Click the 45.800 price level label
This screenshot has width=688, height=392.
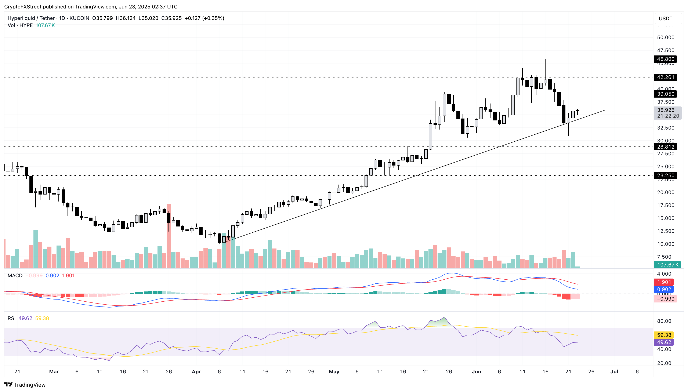coord(665,59)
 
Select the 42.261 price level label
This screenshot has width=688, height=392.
coord(665,77)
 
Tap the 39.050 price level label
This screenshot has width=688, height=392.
coord(665,94)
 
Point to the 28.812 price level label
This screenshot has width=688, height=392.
coord(665,147)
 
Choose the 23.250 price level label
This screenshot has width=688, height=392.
coord(665,175)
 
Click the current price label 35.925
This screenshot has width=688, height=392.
coord(665,110)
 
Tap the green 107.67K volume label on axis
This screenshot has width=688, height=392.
coord(667,265)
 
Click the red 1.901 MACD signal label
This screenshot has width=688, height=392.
coord(664,282)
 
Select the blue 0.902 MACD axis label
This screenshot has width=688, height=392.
coord(664,289)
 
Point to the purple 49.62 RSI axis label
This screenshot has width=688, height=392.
coord(664,342)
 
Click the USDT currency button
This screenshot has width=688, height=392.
coord(665,19)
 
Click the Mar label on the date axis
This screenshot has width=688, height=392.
coord(54,372)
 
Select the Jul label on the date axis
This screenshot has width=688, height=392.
coord(614,372)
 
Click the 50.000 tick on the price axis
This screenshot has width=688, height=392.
coord(665,37)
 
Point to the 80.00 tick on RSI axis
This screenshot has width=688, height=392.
coord(664,321)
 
